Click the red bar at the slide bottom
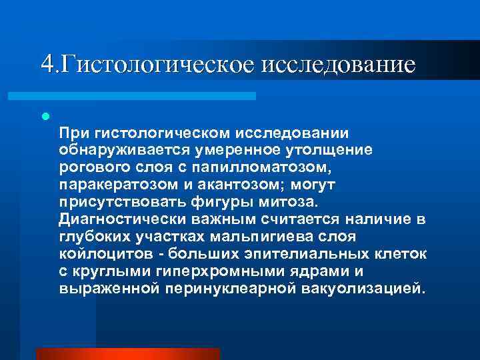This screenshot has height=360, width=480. (x=127, y=353)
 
